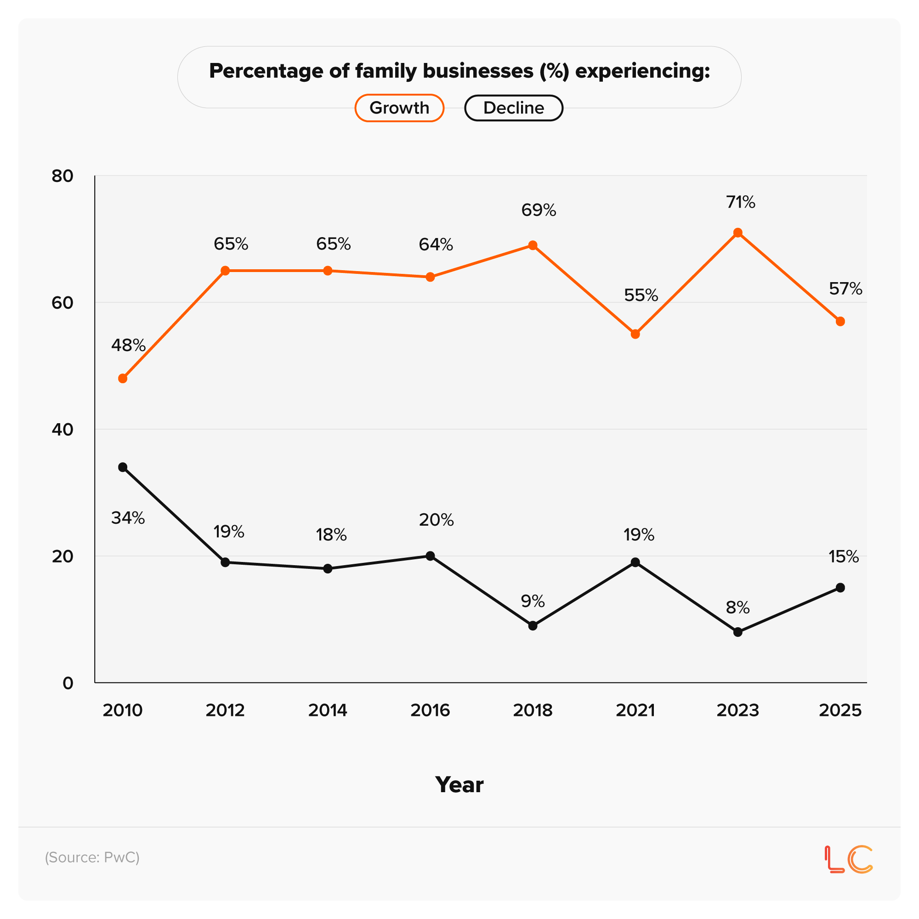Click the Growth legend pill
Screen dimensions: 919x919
pos(399,108)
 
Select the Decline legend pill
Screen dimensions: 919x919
pos(513,108)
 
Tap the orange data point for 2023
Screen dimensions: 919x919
pos(738,233)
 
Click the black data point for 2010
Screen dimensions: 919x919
pos(123,467)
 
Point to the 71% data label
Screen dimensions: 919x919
pos(740,203)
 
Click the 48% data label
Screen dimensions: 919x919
pos(129,346)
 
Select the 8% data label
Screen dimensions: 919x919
pos(737,608)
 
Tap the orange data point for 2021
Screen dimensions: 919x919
pos(635,334)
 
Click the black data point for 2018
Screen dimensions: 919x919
pos(533,625)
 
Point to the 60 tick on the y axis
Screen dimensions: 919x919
pos(62,302)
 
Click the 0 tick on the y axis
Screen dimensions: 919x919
pos(68,683)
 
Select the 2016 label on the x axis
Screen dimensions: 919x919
pos(430,710)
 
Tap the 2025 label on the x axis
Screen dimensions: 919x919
pos(840,710)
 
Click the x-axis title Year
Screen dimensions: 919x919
pos(459,785)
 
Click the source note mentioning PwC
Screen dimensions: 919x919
pos(92,857)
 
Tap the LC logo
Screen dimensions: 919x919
pos(849,859)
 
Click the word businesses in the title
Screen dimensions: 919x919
pos(478,71)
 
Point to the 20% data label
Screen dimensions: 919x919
pos(436,520)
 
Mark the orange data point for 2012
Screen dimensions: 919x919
pos(226,271)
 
